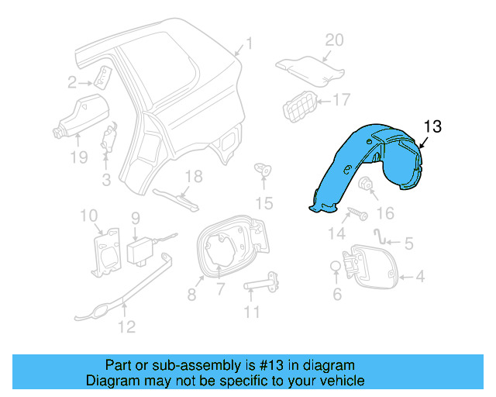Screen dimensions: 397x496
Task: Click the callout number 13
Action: (x=432, y=127)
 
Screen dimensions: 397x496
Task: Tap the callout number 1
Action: (x=249, y=43)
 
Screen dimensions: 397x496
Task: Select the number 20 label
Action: (x=333, y=40)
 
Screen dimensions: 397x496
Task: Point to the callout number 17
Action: (x=342, y=99)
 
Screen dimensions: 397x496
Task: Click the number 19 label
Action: (x=77, y=158)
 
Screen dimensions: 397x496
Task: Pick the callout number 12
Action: (x=125, y=326)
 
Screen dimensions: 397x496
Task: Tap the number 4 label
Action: (x=420, y=275)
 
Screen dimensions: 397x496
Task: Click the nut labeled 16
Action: (x=364, y=185)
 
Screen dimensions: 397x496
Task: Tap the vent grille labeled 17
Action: (x=300, y=106)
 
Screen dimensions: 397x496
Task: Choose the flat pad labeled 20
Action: (x=308, y=68)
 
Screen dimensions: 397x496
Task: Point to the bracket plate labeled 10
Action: (x=106, y=250)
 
